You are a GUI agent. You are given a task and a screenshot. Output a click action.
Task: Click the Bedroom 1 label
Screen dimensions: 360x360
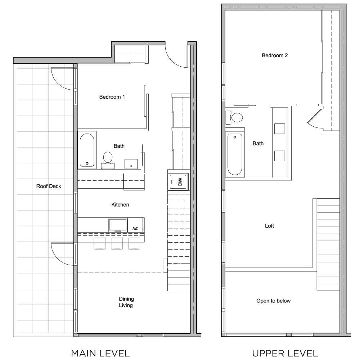(x=112, y=97)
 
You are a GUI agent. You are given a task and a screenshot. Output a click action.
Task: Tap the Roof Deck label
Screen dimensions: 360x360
(x=49, y=186)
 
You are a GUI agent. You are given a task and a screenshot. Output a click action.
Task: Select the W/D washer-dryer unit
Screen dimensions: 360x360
(x=179, y=182)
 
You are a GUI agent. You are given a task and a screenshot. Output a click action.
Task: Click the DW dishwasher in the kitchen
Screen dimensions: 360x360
(x=135, y=225)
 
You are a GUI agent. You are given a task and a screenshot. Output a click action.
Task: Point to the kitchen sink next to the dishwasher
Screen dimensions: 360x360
(x=118, y=225)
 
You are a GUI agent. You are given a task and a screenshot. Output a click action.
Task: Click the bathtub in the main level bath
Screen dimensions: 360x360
(x=87, y=150)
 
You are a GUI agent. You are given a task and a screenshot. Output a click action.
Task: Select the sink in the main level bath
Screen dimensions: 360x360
(x=131, y=164)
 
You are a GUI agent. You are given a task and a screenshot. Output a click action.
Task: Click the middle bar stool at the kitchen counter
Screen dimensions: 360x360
(x=117, y=243)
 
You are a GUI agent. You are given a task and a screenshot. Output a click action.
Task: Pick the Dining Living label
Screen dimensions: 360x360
(x=126, y=302)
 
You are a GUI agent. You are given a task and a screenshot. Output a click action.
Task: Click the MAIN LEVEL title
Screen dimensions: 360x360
(x=100, y=353)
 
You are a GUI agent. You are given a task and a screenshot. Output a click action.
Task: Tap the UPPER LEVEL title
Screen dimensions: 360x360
(x=285, y=353)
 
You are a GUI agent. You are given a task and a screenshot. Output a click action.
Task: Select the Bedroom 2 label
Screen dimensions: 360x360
(x=275, y=55)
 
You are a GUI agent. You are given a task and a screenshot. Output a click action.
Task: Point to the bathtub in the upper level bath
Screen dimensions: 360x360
(x=235, y=154)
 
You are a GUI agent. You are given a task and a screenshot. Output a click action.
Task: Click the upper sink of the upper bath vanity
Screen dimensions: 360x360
(x=280, y=129)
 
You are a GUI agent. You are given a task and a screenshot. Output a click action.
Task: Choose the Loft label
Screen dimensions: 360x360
(x=269, y=226)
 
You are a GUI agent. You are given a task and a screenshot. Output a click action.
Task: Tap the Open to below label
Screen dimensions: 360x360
(x=274, y=301)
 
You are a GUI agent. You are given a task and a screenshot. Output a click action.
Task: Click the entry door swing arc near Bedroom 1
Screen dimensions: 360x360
(x=174, y=60)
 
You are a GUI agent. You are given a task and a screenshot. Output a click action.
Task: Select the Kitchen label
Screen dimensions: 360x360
(x=120, y=204)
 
